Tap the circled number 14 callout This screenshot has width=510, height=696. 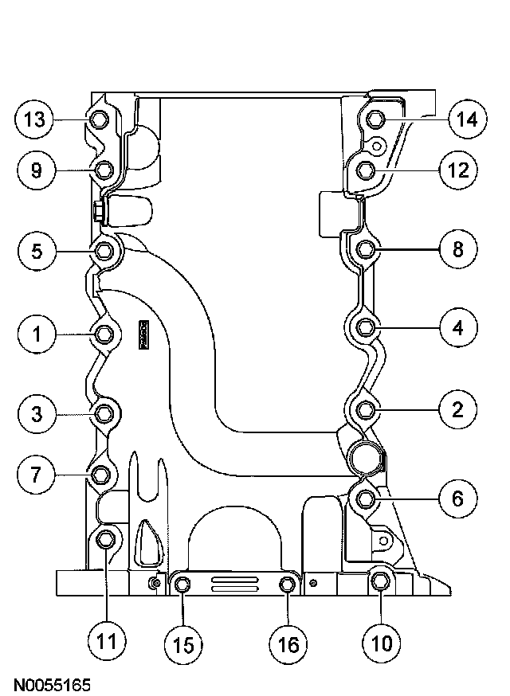pos(466,120)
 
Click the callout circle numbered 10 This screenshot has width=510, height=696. pos(380,643)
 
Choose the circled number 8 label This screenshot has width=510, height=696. pos(458,249)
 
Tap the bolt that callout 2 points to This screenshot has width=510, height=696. pos(366,410)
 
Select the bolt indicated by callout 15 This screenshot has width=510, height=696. pos(182,587)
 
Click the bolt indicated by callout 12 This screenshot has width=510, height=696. pos(366,170)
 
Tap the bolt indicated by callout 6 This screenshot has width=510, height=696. pos(366,499)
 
